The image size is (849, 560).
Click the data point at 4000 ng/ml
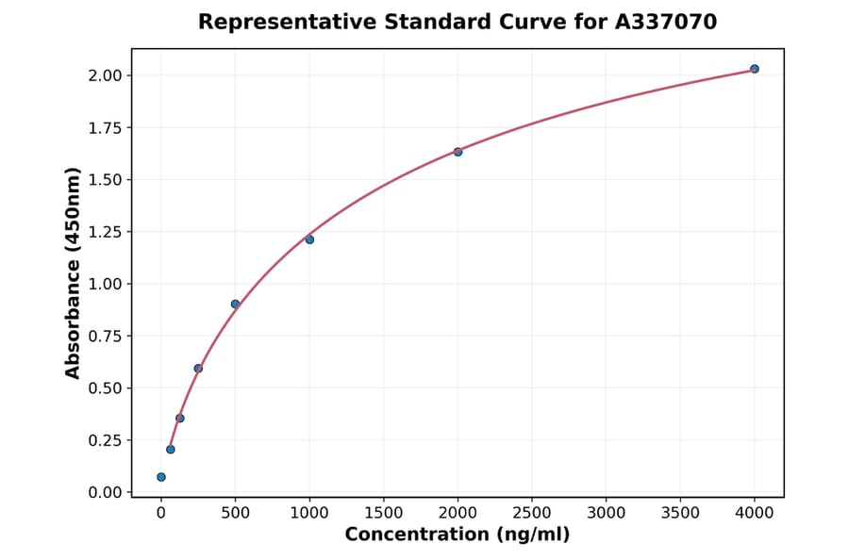click(754, 69)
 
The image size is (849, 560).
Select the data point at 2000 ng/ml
click(458, 152)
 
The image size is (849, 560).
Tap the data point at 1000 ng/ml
click(309, 239)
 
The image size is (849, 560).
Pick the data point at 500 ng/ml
click(235, 304)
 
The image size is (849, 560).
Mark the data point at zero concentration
click(161, 477)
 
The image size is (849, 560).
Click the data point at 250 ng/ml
click(198, 369)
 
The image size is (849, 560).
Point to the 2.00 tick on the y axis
click(107, 75)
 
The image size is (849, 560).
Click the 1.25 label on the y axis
click(107, 232)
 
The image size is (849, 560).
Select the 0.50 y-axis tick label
click(107, 388)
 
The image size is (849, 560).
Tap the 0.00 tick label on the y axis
click(107, 492)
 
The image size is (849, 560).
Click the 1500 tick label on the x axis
click(383, 513)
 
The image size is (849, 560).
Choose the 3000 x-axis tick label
click(606, 513)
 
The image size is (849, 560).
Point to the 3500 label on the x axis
click(680, 513)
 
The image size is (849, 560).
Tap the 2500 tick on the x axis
click(532, 513)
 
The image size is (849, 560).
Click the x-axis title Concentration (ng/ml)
click(458, 535)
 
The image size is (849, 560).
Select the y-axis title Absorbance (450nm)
click(74, 273)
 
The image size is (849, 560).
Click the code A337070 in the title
click(666, 22)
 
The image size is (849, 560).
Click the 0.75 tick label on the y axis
click(107, 337)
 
